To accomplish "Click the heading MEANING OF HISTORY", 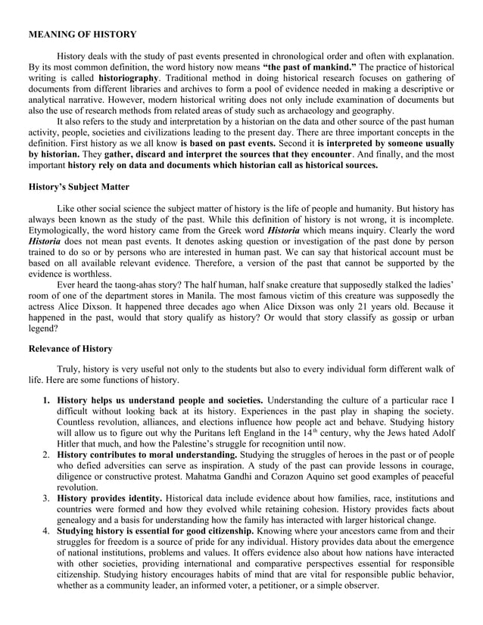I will (83, 35).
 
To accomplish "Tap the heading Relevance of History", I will (70, 349).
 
